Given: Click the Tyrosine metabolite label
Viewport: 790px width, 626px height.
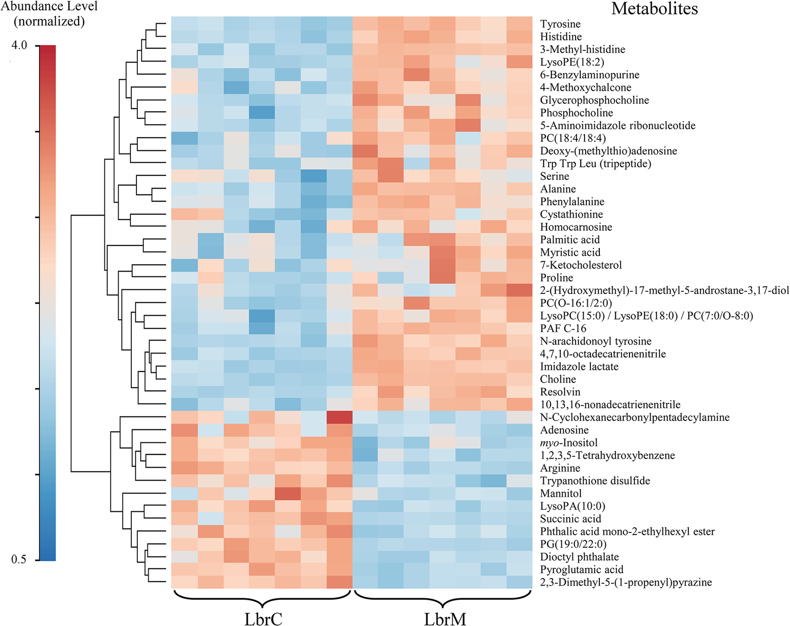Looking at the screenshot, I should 560,24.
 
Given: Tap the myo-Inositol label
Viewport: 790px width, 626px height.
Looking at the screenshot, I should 569,443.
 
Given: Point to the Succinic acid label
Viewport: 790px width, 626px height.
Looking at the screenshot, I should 570,519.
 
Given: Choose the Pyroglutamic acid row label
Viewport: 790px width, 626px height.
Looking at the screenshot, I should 581,569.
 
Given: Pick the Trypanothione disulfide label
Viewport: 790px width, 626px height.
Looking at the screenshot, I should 595,481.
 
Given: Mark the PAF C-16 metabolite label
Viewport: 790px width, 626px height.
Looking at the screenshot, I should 563,329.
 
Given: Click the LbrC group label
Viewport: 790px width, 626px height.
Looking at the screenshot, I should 263,619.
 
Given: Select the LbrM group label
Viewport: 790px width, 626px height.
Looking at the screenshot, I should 445,619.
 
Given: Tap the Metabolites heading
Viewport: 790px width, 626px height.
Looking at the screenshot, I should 654,8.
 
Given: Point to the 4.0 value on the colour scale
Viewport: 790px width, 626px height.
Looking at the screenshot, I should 19,45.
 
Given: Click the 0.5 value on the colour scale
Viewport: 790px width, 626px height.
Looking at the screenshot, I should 19,559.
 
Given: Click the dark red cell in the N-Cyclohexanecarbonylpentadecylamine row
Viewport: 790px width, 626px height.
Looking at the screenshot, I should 340,417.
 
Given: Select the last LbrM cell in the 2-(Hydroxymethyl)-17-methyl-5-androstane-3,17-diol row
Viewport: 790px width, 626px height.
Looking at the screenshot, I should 519,290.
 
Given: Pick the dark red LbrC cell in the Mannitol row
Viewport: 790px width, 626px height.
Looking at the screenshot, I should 288,493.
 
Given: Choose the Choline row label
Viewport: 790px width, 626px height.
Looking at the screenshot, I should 558,379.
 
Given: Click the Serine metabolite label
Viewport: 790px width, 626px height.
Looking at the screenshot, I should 554,176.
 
